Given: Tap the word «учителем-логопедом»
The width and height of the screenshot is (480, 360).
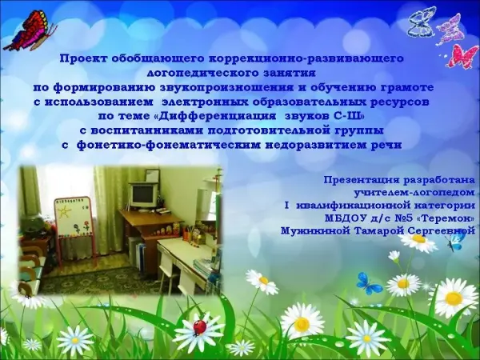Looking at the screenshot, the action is (x=414, y=193).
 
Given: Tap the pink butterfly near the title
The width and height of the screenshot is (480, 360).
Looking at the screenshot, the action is (x=463, y=56).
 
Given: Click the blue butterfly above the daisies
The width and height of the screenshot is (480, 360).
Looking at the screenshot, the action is (x=369, y=284).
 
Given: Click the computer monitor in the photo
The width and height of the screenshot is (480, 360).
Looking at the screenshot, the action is (x=143, y=196).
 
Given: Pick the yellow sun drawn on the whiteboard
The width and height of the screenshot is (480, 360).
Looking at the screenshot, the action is (x=65, y=211).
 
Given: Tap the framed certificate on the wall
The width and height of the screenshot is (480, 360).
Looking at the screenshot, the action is (x=153, y=175).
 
